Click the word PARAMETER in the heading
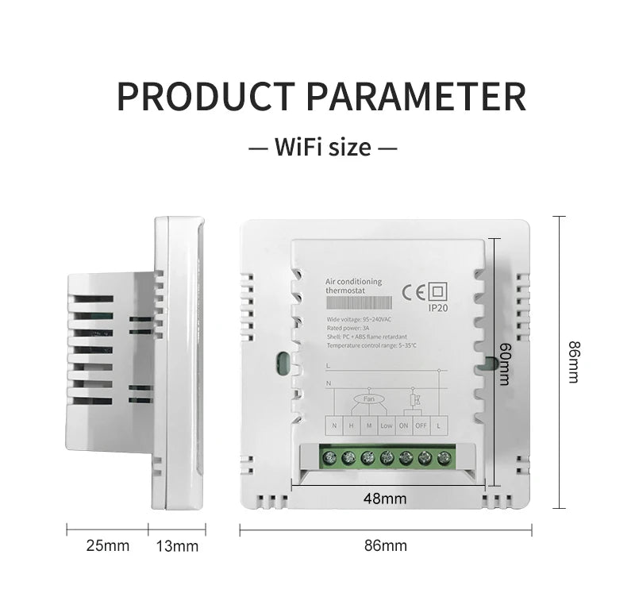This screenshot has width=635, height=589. pos(416,96)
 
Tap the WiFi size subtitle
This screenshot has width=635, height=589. pos(322,147)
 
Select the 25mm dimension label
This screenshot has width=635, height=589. pos(107,545)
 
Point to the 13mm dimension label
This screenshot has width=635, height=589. pos(177,545)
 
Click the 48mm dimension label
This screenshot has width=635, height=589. pos(385,499)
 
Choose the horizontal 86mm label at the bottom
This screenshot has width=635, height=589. pos(385,545)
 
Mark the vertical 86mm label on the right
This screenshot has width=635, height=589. pos(573,362)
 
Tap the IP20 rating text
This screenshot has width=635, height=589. pos(438,308)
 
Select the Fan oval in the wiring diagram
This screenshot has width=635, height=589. pos(369,399)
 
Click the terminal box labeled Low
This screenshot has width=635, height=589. pos(387,425)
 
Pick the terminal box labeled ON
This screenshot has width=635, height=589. pos(404,425)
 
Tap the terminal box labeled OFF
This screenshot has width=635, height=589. pos(421,425)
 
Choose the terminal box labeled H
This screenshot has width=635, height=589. pos(352,425)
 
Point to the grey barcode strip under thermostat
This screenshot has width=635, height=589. pos(359,303)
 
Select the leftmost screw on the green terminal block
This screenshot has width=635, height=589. pos(328,458)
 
